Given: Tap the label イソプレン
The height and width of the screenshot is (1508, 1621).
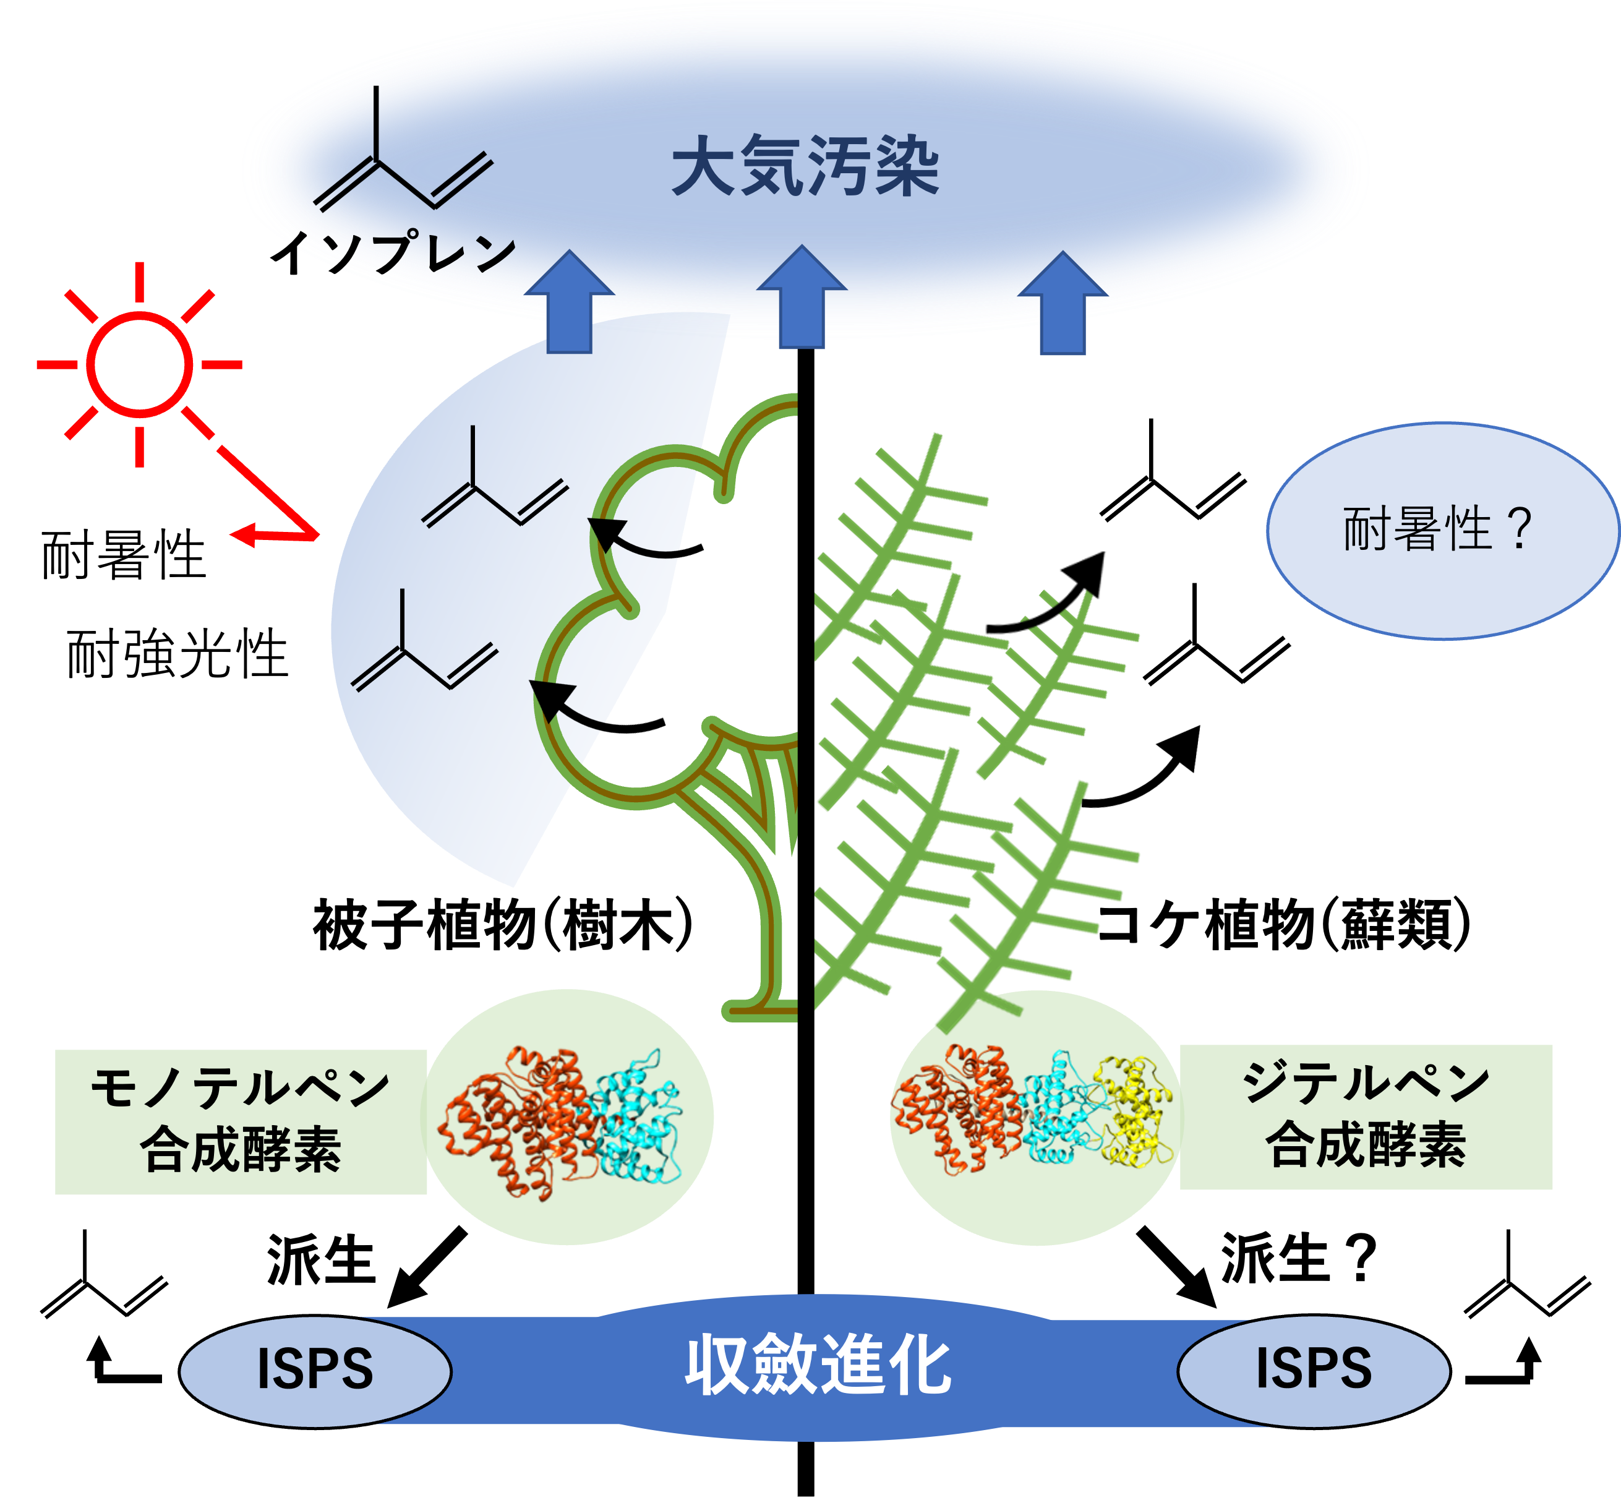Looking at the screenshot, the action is pos(394,252).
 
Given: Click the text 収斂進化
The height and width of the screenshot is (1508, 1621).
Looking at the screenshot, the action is pos(818,1365).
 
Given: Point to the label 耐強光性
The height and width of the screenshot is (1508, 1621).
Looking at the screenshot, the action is pos(177,654).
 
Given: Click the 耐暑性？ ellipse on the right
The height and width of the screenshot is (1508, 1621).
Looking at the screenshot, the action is pos(1442,531).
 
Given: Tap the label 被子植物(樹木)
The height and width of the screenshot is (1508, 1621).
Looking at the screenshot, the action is pos(503,924).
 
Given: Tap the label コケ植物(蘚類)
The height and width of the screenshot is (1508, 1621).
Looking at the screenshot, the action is pos(1283,924).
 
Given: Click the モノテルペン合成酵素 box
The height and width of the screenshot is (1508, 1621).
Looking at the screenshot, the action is pos(241,1121).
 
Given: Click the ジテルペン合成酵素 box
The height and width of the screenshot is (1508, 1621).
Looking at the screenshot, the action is pos(1366,1116).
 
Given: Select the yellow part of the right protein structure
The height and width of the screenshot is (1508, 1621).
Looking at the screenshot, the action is pos(1136,1112).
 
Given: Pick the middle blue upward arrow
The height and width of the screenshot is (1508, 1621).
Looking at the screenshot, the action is pos(802,297).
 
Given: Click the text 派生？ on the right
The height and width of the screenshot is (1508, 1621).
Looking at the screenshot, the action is pos(1299,1259).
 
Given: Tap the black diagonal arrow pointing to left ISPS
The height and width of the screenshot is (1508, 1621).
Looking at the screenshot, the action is pos(427,1268).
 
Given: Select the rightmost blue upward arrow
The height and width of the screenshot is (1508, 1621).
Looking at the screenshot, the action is pos(1063,302).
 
